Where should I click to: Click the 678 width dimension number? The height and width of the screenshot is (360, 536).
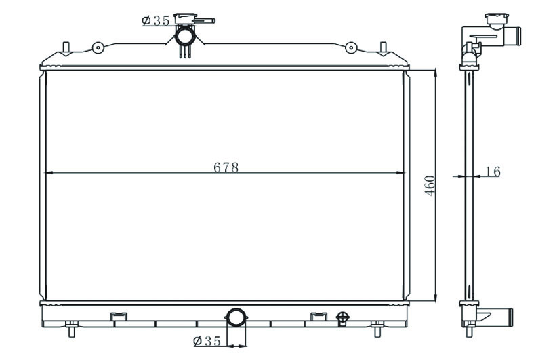(x=226, y=167)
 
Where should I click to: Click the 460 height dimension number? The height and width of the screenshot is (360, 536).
(x=430, y=186)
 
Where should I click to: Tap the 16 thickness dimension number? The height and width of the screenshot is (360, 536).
(x=493, y=172)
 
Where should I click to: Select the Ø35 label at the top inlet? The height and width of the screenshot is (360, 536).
(x=156, y=20)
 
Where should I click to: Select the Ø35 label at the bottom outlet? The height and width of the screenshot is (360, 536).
(x=207, y=341)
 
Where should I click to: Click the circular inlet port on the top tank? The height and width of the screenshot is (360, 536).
(x=185, y=36)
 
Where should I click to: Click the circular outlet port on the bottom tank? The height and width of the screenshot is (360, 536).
(x=236, y=317)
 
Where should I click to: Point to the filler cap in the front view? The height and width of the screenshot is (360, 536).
(x=185, y=18)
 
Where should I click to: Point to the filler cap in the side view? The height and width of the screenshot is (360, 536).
(x=497, y=21)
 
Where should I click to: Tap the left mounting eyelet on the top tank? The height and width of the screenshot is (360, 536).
(x=98, y=47)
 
